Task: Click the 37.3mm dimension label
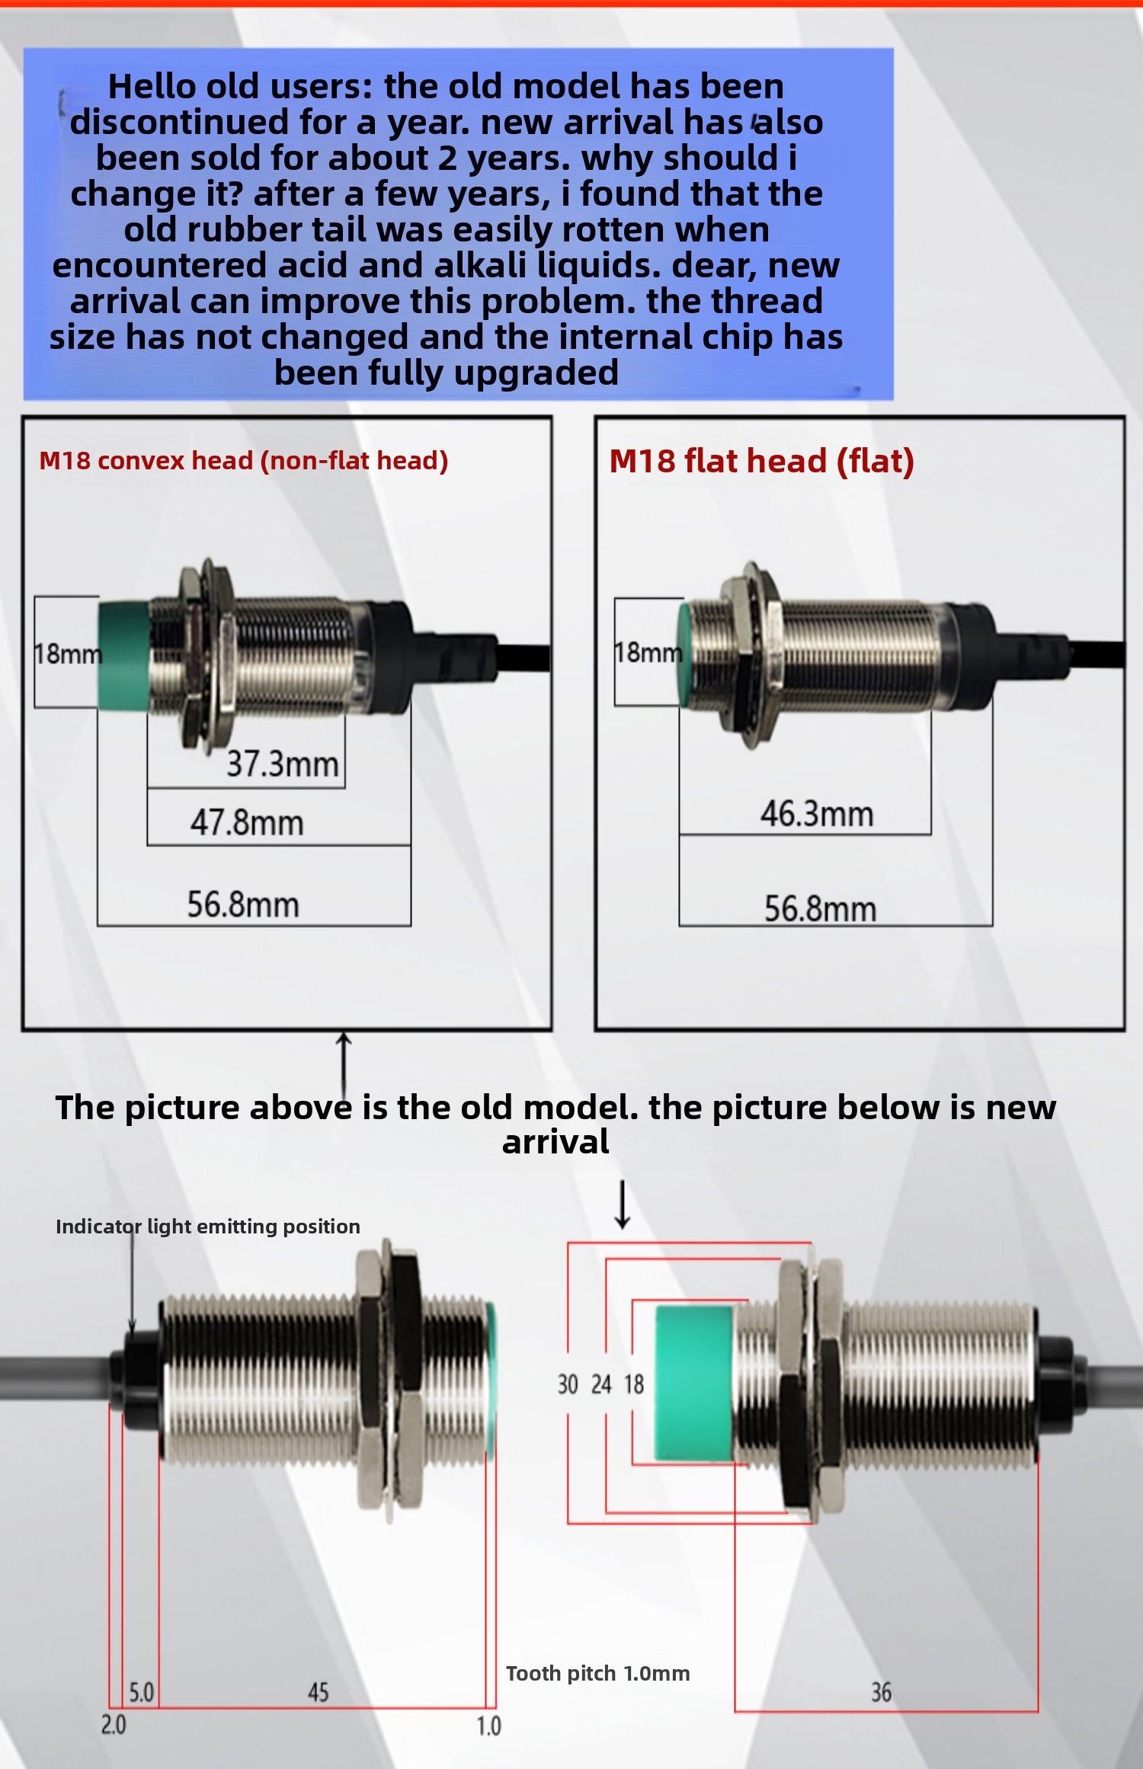[x=283, y=763]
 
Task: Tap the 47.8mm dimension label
[x=247, y=823]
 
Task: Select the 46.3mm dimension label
[x=817, y=814]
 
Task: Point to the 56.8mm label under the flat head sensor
[x=821, y=909]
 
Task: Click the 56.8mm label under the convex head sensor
[x=243, y=904]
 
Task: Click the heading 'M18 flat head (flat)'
[x=761, y=461]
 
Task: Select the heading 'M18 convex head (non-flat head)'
[x=243, y=460]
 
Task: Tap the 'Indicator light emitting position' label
[x=208, y=1227]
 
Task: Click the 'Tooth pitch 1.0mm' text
[x=598, y=1673]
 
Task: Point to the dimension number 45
[x=318, y=1692]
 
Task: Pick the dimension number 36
[x=881, y=1692]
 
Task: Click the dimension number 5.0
[x=141, y=1692]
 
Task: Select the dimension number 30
[x=568, y=1384]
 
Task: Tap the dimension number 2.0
[x=114, y=1724]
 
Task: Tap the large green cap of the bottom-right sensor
[x=694, y=1384]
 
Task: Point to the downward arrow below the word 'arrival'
[x=623, y=1204]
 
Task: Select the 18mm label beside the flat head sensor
[x=648, y=652]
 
